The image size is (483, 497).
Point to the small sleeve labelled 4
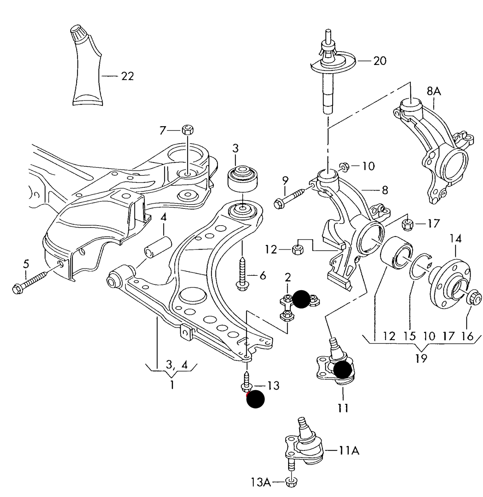click(158, 247)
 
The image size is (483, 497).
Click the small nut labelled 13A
click(291, 482)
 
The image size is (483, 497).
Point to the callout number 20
click(380, 61)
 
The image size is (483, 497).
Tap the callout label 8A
click(434, 91)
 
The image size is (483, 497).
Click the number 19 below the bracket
click(421, 358)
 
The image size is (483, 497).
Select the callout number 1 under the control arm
click(172, 385)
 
